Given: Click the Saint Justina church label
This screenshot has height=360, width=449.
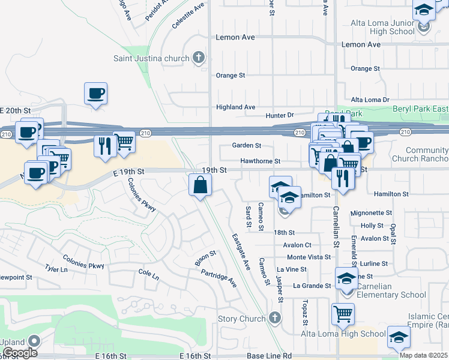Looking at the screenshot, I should pos(152,58).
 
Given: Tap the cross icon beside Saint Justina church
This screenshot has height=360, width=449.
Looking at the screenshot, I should pos(199,58).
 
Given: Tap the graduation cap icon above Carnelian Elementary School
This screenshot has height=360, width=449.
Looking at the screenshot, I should pos(346,280).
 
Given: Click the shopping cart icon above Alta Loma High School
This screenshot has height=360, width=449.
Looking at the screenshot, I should pos(343,313).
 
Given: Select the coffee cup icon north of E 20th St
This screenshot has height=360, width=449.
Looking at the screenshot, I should pos(95,93).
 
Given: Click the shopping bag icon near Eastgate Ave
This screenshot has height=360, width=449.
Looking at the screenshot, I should pos(200,185).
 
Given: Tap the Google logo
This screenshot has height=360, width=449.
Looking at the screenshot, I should pos(20,352).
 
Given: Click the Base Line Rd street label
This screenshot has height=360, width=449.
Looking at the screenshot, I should pos(269,356).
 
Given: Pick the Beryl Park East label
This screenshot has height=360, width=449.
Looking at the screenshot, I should pos(420,109).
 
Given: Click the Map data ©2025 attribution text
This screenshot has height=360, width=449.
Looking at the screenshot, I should pos(423,355).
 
